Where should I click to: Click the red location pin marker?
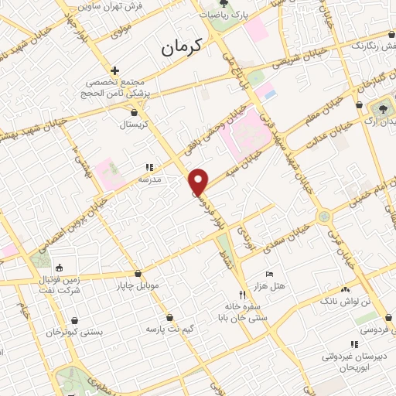click(200, 181)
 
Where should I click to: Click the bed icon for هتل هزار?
click(269, 275)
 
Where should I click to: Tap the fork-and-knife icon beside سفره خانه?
click(243, 295)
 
